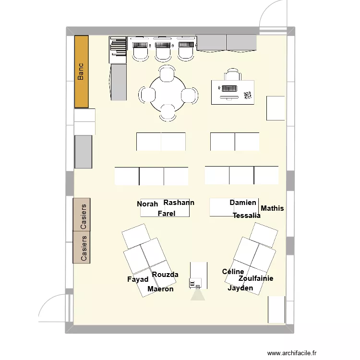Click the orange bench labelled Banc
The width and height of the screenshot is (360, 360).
point(82,72)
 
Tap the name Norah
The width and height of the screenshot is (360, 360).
point(147,204)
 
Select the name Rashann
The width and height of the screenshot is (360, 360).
point(179,203)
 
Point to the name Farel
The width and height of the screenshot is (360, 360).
point(167,214)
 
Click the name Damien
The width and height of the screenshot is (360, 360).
point(243,203)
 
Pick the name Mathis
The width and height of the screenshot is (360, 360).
point(272,208)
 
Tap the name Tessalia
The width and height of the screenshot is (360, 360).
point(247,216)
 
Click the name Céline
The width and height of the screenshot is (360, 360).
point(233,271)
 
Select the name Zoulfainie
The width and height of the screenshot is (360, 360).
point(256,278)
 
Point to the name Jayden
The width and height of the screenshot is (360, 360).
point(240,288)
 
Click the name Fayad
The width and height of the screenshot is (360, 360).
point(138,279)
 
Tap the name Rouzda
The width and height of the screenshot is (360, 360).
point(165,275)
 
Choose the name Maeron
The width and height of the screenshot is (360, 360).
point(160,289)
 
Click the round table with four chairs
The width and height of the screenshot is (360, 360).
point(168,94)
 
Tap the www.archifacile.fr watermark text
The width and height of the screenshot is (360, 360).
point(292,353)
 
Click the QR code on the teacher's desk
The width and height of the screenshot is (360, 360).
point(248,96)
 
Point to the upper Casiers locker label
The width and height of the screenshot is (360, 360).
point(84,216)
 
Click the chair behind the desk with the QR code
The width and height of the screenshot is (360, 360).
point(233,74)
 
